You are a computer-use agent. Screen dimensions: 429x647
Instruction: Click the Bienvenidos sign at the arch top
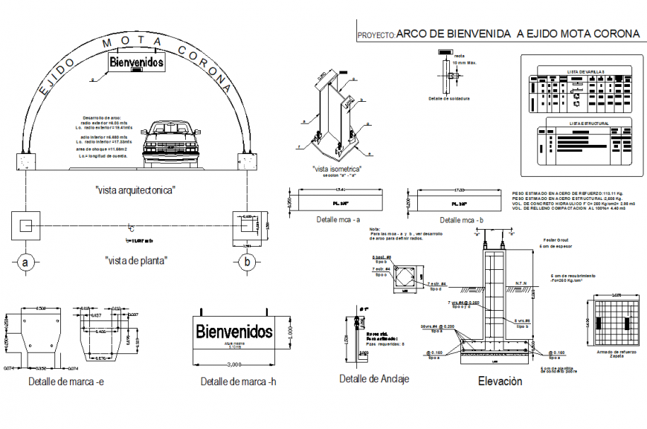pos(136,63)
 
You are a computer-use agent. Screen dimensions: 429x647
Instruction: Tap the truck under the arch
pos(172,138)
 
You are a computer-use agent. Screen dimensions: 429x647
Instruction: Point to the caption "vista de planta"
pos(135,260)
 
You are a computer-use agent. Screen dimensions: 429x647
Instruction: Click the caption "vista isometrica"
pos(337,170)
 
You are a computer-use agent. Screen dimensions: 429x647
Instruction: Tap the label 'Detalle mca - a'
pos(338,220)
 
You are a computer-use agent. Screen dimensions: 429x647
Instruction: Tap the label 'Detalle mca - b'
pos(461,220)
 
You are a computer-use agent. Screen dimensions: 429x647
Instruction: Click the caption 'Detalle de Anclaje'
pos(373,378)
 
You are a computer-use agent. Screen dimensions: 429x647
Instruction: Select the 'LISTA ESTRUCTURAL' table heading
pos(589,123)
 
